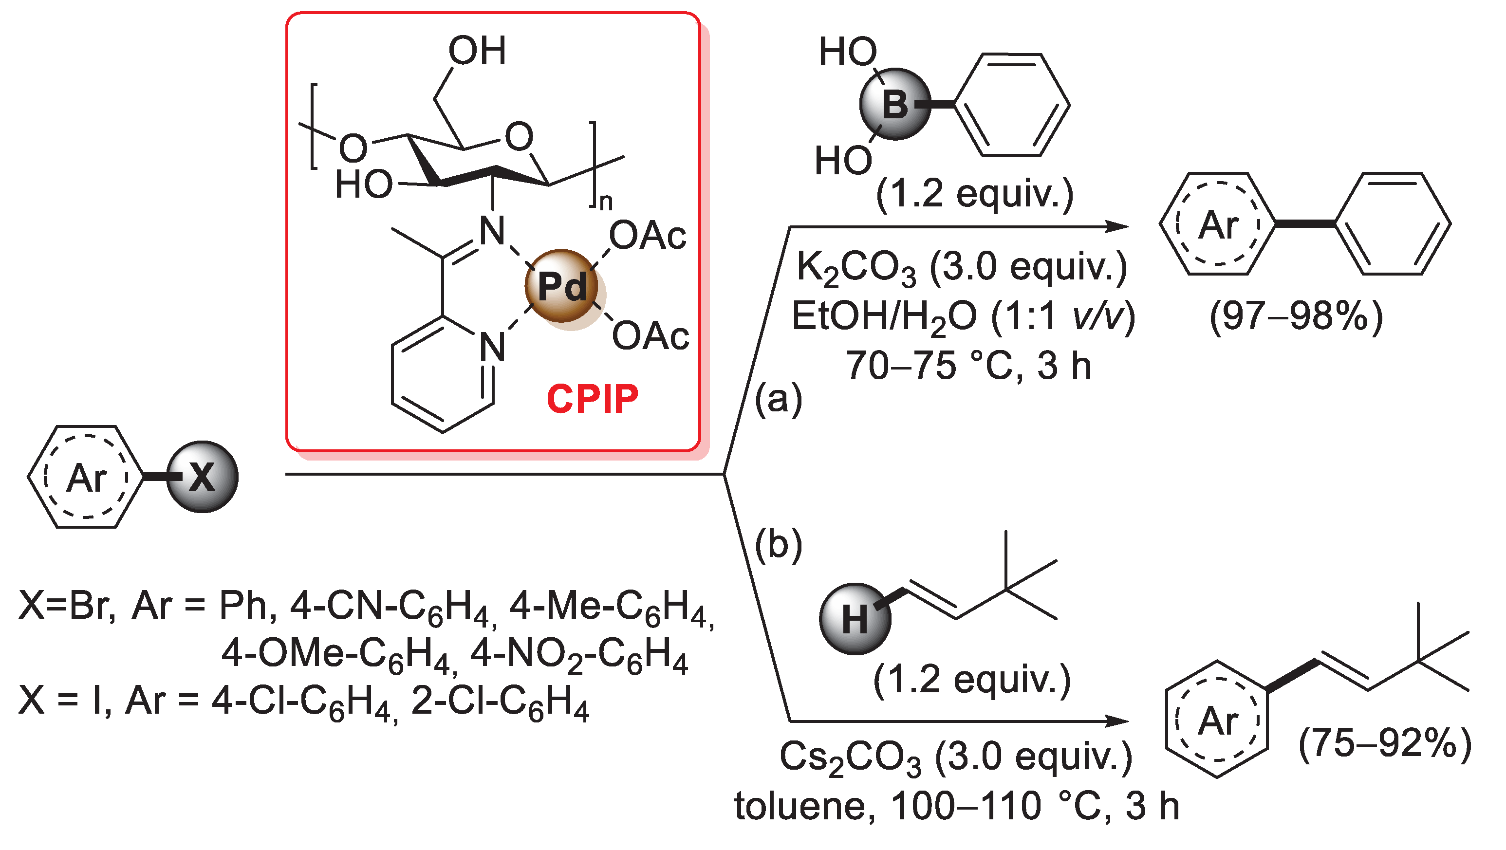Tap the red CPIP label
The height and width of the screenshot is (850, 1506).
(592, 399)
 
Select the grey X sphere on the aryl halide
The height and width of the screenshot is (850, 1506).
(202, 478)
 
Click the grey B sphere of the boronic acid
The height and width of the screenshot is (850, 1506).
(894, 105)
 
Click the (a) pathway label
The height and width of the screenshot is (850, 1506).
(778, 400)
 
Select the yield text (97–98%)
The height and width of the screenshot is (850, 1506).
(1296, 317)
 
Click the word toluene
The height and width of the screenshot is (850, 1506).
(804, 807)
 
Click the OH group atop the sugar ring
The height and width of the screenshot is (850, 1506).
(477, 51)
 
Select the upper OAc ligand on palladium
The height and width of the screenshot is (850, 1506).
(647, 236)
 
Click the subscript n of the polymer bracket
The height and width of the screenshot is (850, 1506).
(606, 202)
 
